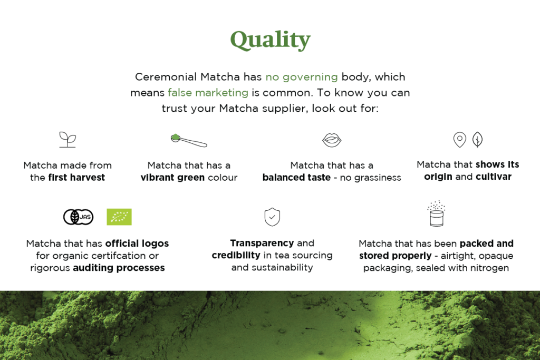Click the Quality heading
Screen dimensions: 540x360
click(x=271, y=40)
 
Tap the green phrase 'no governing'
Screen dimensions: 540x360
click(x=302, y=77)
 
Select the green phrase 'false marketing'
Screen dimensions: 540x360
click(x=208, y=93)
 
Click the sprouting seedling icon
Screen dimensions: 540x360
click(x=67, y=139)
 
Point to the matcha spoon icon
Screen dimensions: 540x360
click(x=189, y=140)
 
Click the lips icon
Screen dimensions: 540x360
click(x=332, y=140)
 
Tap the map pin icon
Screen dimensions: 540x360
click(x=460, y=140)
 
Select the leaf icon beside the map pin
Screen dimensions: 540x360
click(x=477, y=139)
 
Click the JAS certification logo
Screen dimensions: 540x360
click(x=78, y=217)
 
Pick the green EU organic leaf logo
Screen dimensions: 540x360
click(x=119, y=217)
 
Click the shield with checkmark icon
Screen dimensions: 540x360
click(x=272, y=217)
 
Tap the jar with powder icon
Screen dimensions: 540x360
click(x=436, y=213)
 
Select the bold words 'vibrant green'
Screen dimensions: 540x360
click(x=172, y=178)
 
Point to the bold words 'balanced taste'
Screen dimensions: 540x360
click(x=296, y=178)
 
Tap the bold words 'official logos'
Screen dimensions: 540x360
click(x=137, y=244)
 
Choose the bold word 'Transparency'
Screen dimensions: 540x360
click(x=262, y=244)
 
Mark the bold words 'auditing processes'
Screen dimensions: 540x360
click(x=119, y=268)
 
